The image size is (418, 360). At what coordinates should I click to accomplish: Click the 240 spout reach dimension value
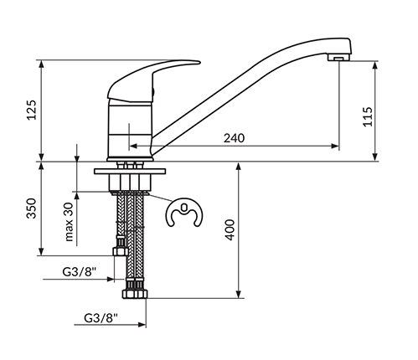[234, 138]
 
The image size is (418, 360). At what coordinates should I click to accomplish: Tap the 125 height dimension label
[32, 110]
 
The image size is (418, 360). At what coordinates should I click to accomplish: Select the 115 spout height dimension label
[368, 116]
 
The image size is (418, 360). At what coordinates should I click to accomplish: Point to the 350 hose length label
[32, 208]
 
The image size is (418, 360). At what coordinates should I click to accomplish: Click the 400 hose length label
[230, 230]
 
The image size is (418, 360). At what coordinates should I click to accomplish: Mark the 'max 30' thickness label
[69, 222]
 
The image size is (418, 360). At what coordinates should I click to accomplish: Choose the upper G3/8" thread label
[79, 271]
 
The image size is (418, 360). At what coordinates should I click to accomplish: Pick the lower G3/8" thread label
[101, 318]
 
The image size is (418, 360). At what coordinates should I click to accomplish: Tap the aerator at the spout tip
[338, 58]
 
